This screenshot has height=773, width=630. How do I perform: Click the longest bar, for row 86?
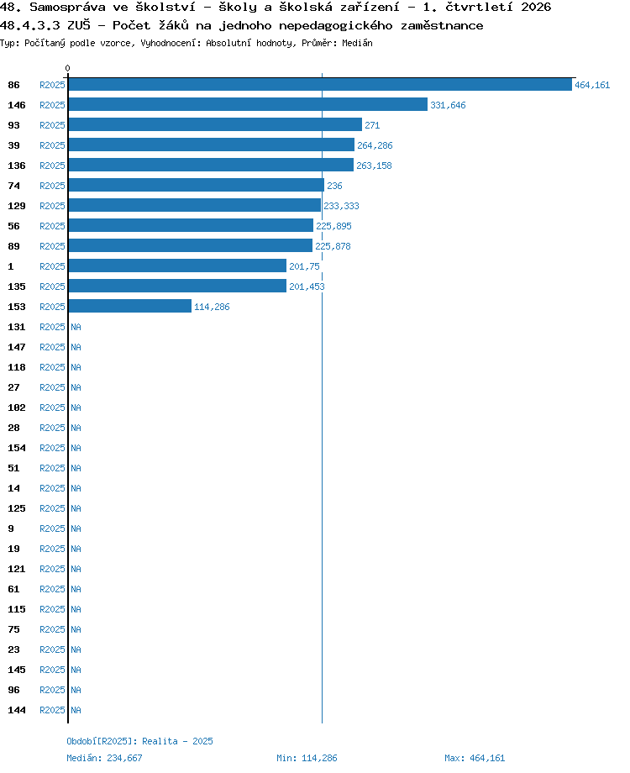click(x=320, y=85)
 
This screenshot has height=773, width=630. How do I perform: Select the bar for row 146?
click(x=248, y=104)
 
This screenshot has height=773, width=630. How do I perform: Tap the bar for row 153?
click(x=129, y=306)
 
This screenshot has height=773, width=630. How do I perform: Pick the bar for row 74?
click(x=197, y=186)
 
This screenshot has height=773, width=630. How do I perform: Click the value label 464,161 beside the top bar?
click(x=592, y=86)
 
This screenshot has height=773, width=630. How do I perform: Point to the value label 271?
click(x=372, y=125)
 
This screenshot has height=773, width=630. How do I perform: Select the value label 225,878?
click(x=333, y=246)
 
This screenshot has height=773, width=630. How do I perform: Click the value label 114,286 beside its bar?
click(x=212, y=307)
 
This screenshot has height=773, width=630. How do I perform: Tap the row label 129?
click(x=16, y=206)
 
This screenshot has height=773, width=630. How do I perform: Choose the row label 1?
click(x=10, y=266)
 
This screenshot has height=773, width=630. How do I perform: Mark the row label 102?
click(x=16, y=408)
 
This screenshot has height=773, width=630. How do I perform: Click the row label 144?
click(x=16, y=710)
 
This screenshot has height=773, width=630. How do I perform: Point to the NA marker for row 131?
click(x=76, y=327)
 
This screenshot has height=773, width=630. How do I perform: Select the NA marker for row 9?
click(x=76, y=528)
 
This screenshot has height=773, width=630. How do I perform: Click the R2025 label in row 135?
click(x=52, y=287)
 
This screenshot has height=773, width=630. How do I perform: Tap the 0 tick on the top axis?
click(x=67, y=68)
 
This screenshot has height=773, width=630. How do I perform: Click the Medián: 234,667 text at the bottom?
click(x=104, y=758)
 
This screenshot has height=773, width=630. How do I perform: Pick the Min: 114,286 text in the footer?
click(x=307, y=758)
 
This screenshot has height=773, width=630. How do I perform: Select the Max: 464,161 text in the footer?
click(x=475, y=758)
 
